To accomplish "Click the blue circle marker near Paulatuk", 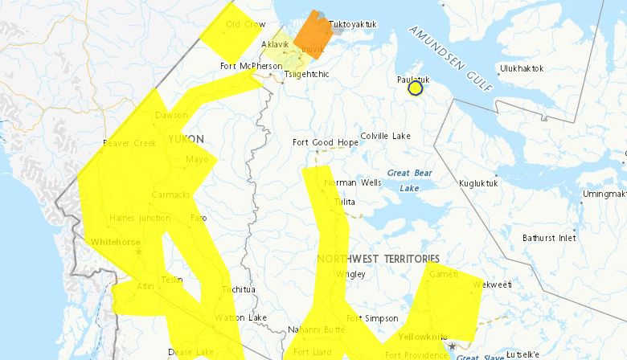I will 416,88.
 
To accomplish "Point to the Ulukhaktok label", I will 523,68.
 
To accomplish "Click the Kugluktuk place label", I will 478,183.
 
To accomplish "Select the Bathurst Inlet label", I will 549,238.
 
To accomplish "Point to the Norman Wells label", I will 353,183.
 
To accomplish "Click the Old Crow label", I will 245,24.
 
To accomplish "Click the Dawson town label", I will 170,115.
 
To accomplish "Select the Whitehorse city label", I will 117,241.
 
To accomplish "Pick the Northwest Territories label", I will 378,258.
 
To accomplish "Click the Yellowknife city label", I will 424,337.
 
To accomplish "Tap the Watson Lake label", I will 240,317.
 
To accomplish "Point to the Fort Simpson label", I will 378,318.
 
